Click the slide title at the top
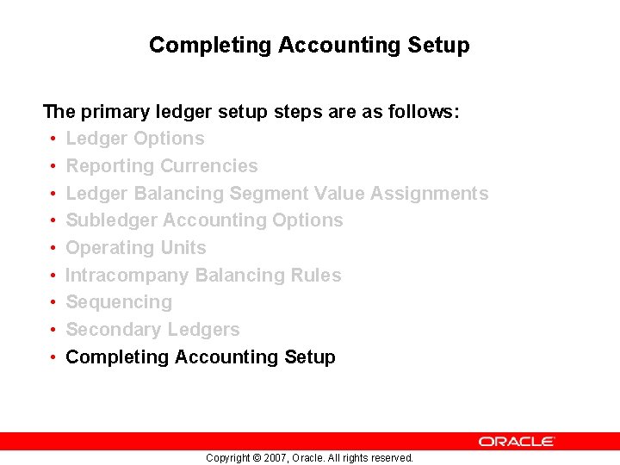(309, 45)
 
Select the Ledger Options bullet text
(135, 139)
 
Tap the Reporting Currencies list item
(162, 166)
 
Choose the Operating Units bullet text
(136, 248)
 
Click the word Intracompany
(127, 276)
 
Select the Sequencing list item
(119, 302)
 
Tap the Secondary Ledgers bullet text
(152, 330)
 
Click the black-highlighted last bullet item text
(201, 357)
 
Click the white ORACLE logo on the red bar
(517, 441)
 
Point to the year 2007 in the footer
(272, 458)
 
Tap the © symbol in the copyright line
(255, 458)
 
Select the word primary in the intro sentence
(115, 112)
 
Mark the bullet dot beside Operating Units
(53, 248)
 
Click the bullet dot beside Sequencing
(53, 303)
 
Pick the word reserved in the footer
(391, 458)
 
